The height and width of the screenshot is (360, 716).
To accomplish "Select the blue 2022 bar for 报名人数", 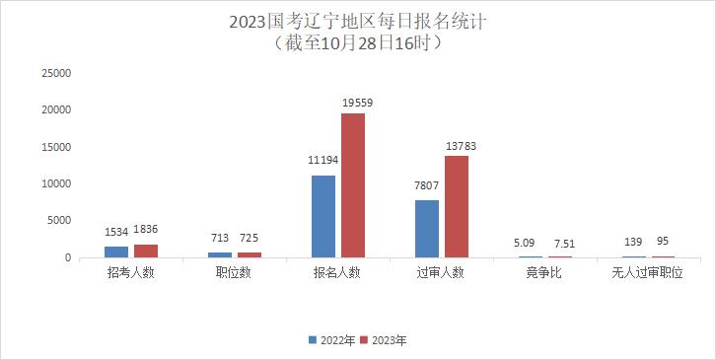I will click(x=322, y=216).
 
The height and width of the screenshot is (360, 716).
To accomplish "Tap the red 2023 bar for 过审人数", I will click(x=457, y=206).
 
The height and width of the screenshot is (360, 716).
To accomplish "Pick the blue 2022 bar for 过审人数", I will click(x=426, y=229).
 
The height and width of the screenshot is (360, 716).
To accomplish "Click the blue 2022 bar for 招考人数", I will click(x=116, y=252).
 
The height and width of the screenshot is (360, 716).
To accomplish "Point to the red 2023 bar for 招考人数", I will click(x=146, y=251).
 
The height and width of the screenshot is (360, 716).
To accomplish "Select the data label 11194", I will click(x=324, y=158).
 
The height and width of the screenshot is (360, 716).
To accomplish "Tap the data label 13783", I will click(x=461, y=146).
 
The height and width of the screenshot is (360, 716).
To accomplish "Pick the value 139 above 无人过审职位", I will click(x=633, y=241).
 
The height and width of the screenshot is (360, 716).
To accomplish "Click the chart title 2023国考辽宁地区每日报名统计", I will click(x=357, y=21).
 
